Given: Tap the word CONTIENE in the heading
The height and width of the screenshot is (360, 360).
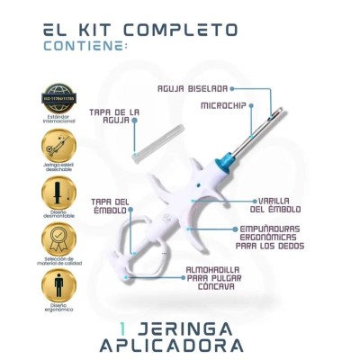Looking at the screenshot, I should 78,45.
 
